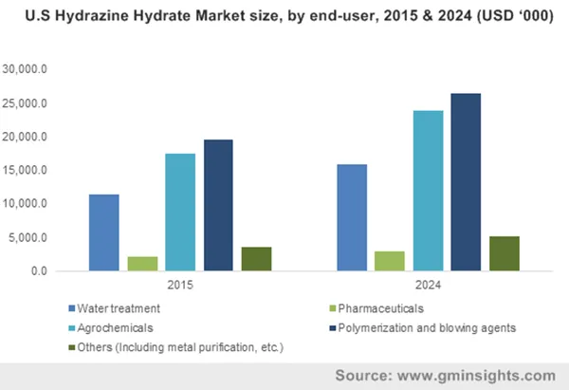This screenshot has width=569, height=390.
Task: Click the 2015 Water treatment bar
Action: (103, 232)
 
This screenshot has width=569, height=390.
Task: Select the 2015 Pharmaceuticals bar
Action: (142, 264)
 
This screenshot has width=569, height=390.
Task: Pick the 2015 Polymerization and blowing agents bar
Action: (218, 205)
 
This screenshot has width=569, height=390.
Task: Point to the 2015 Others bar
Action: (256, 259)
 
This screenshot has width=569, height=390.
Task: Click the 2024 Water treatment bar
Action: (351, 217)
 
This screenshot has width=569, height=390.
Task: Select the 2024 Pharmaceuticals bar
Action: (389, 261)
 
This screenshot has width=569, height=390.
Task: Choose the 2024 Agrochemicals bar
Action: (428, 191)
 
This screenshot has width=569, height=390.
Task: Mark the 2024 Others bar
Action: (504, 253)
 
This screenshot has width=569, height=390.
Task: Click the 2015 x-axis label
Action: (180, 286)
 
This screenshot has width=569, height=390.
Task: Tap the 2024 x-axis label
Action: (428, 286)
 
